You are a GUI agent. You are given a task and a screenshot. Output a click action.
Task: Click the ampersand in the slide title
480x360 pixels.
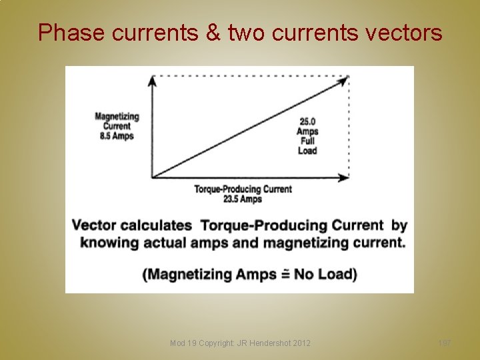coord(213,32)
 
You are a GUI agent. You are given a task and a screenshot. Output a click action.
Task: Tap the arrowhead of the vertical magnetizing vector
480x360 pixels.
coord(152,80)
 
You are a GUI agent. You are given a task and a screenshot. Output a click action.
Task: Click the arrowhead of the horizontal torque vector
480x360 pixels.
coord(343,177)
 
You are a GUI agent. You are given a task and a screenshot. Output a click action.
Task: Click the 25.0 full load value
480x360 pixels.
coord(307,121)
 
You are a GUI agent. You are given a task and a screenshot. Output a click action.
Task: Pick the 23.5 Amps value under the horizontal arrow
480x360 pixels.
coord(243,199)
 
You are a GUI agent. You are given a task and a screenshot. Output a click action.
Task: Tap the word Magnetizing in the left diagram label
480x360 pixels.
coord(117,117)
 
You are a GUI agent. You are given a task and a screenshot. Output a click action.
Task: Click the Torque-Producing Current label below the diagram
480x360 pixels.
coord(243,189)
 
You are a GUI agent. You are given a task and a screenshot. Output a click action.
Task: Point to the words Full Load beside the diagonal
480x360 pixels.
coord(307,145)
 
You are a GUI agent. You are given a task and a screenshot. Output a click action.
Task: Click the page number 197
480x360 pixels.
coord(444,343)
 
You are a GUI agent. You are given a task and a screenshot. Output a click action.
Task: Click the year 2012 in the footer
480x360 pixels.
coord(299,343)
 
